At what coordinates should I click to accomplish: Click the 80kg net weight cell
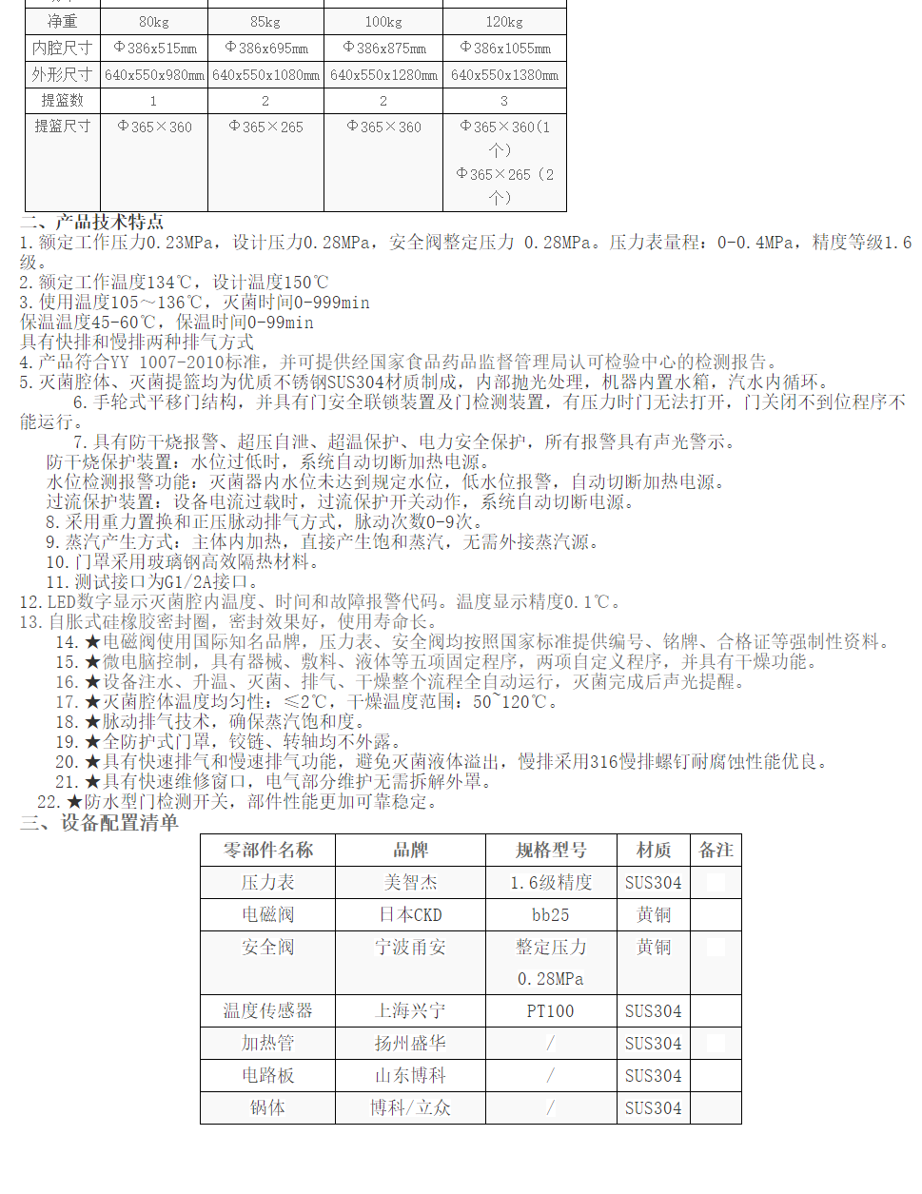click(x=153, y=22)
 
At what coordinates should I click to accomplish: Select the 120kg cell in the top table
click(x=504, y=22)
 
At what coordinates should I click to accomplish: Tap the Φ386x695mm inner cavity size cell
click(x=266, y=48)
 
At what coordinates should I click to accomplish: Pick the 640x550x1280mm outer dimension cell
click(x=383, y=75)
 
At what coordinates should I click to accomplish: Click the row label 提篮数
click(x=63, y=100)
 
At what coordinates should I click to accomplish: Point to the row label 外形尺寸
click(x=63, y=74)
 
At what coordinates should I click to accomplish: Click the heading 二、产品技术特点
click(x=92, y=222)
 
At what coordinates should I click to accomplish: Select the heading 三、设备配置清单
click(x=100, y=823)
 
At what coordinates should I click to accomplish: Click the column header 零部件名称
click(x=268, y=851)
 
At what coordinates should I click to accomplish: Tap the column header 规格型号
click(x=551, y=851)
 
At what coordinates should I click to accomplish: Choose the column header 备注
click(x=716, y=851)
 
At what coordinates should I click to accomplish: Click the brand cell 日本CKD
click(x=410, y=915)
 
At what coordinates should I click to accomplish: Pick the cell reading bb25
click(x=551, y=915)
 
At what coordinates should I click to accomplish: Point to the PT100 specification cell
click(x=551, y=1011)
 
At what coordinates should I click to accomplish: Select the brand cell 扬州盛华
click(x=410, y=1044)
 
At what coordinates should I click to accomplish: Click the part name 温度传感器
click(x=268, y=1011)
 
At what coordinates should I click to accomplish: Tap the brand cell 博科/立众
click(x=410, y=1108)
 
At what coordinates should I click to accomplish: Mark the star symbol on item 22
click(x=74, y=802)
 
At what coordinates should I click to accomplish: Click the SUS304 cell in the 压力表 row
click(x=654, y=883)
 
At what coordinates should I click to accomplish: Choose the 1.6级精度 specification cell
click(x=551, y=883)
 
